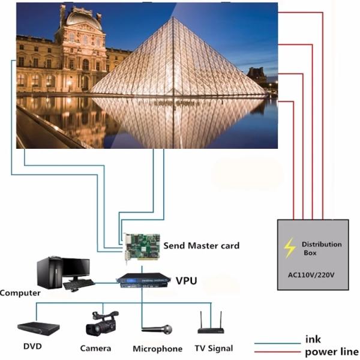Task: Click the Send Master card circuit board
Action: pyautogui.click(x=142, y=246)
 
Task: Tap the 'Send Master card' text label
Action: pyautogui.click(x=201, y=245)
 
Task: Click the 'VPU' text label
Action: pyautogui.click(x=187, y=280)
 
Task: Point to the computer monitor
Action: pyautogui.click(x=76, y=268)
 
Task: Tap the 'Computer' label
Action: pyautogui.click(x=20, y=293)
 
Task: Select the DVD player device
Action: pyautogui.click(x=38, y=328)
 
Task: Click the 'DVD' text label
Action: pyautogui.click(x=32, y=347)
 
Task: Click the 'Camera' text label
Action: pyautogui.click(x=95, y=348)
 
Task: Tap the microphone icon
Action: pyautogui.click(x=157, y=329)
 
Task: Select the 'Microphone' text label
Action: pyautogui.click(x=157, y=349)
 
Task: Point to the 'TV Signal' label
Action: pyautogui.click(x=214, y=348)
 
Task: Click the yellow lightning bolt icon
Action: pyautogui.click(x=290, y=247)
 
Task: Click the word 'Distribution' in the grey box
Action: pyautogui.click(x=322, y=244)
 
